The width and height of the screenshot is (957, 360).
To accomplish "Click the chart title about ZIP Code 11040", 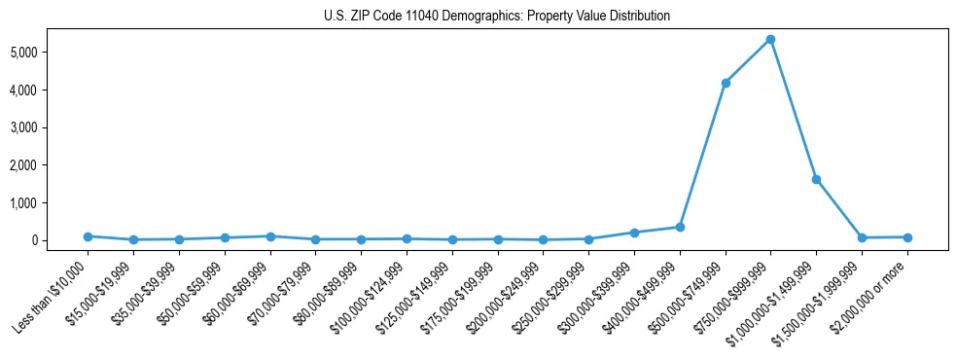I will pyautogui.click(x=497, y=17).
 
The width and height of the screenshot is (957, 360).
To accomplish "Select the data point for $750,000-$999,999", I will pyautogui.click(x=770, y=39).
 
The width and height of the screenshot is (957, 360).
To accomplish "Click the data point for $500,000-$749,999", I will pyautogui.click(x=725, y=83).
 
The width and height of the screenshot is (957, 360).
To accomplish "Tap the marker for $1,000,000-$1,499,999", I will pyautogui.click(x=816, y=179).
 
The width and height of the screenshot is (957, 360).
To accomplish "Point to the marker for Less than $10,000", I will pyautogui.click(x=88, y=236).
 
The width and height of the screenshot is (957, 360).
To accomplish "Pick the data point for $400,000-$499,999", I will pyautogui.click(x=680, y=227).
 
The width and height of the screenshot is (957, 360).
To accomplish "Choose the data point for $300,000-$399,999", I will pyautogui.click(x=634, y=233).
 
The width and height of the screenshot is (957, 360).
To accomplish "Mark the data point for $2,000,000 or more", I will pyautogui.click(x=907, y=237).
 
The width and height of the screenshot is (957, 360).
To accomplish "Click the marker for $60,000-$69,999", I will pyautogui.click(x=269, y=236).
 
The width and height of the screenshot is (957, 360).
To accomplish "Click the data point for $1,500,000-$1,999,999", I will pyautogui.click(x=862, y=237).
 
